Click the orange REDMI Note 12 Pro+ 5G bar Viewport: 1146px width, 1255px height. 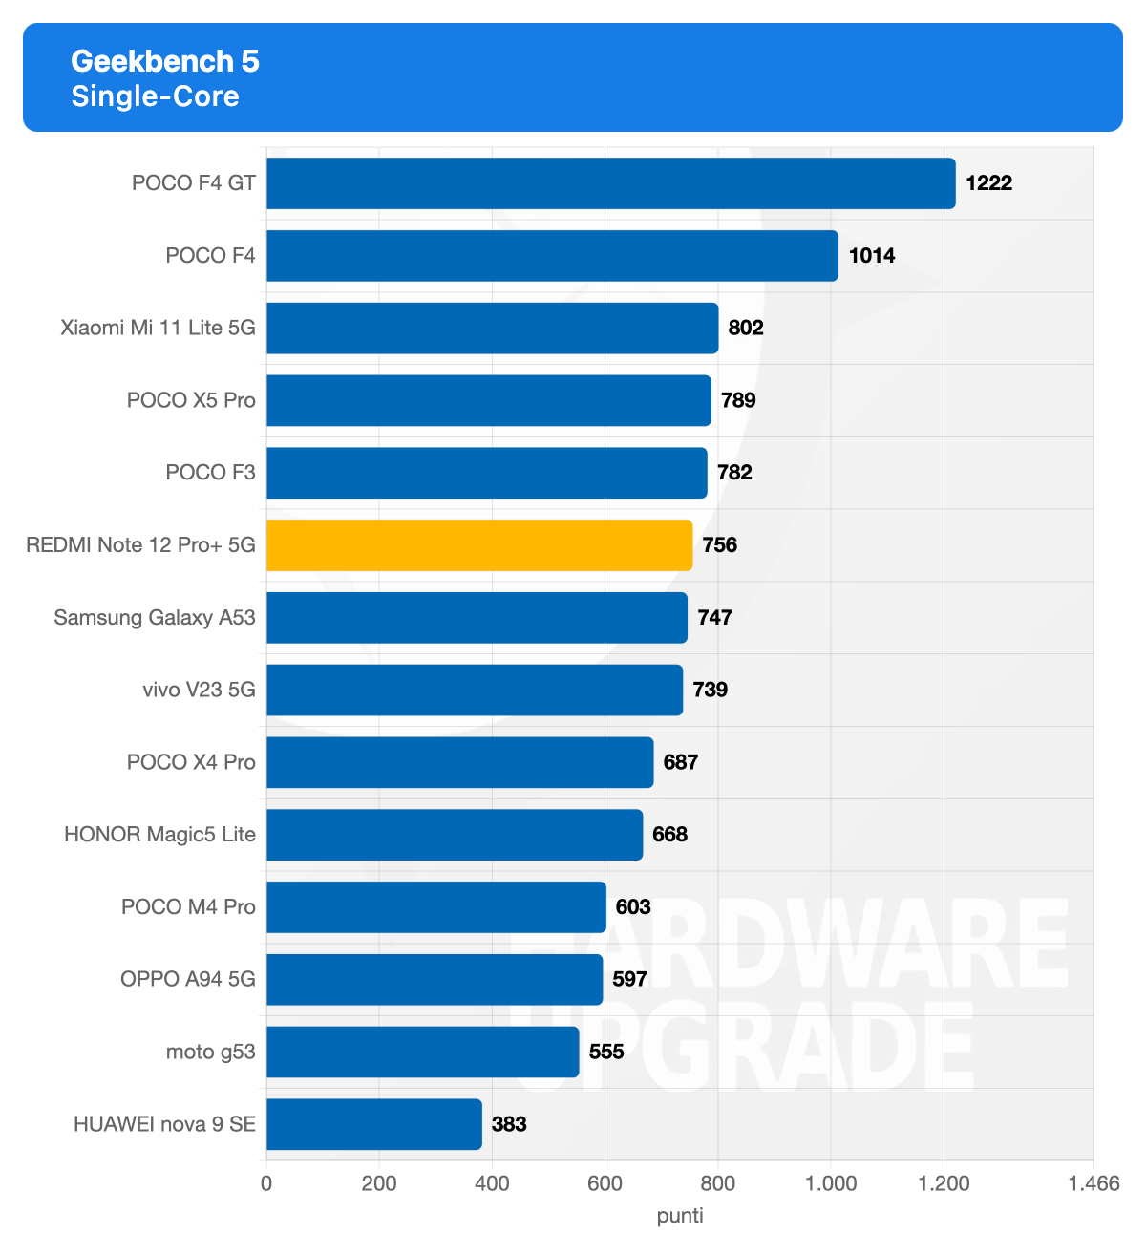point(479,545)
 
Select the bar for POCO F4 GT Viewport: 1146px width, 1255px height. point(610,183)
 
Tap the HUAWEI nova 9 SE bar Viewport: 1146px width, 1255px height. point(373,1124)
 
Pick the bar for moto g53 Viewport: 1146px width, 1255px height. point(422,1052)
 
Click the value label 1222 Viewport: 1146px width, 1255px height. point(988,183)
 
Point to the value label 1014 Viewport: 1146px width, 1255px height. point(872,256)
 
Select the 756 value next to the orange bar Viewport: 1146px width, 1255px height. point(720,545)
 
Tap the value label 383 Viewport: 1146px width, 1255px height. point(509,1124)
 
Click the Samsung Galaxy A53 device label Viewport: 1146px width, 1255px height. point(155,618)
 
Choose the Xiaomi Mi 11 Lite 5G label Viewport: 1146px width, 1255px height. point(158,328)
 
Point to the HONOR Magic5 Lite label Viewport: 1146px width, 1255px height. point(159,835)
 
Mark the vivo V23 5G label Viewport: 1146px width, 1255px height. point(199,690)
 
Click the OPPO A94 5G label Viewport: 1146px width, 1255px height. point(188,979)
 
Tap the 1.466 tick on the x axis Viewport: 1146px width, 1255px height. point(1093,1184)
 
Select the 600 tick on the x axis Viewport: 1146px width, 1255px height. point(605,1184)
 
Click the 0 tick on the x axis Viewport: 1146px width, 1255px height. point(266,1184)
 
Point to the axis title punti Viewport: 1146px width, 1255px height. point(680,1216)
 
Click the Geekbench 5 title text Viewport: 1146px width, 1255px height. point(165,61)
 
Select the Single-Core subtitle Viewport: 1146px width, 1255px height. point(155,96)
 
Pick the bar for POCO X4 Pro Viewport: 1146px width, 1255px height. point(459,762)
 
